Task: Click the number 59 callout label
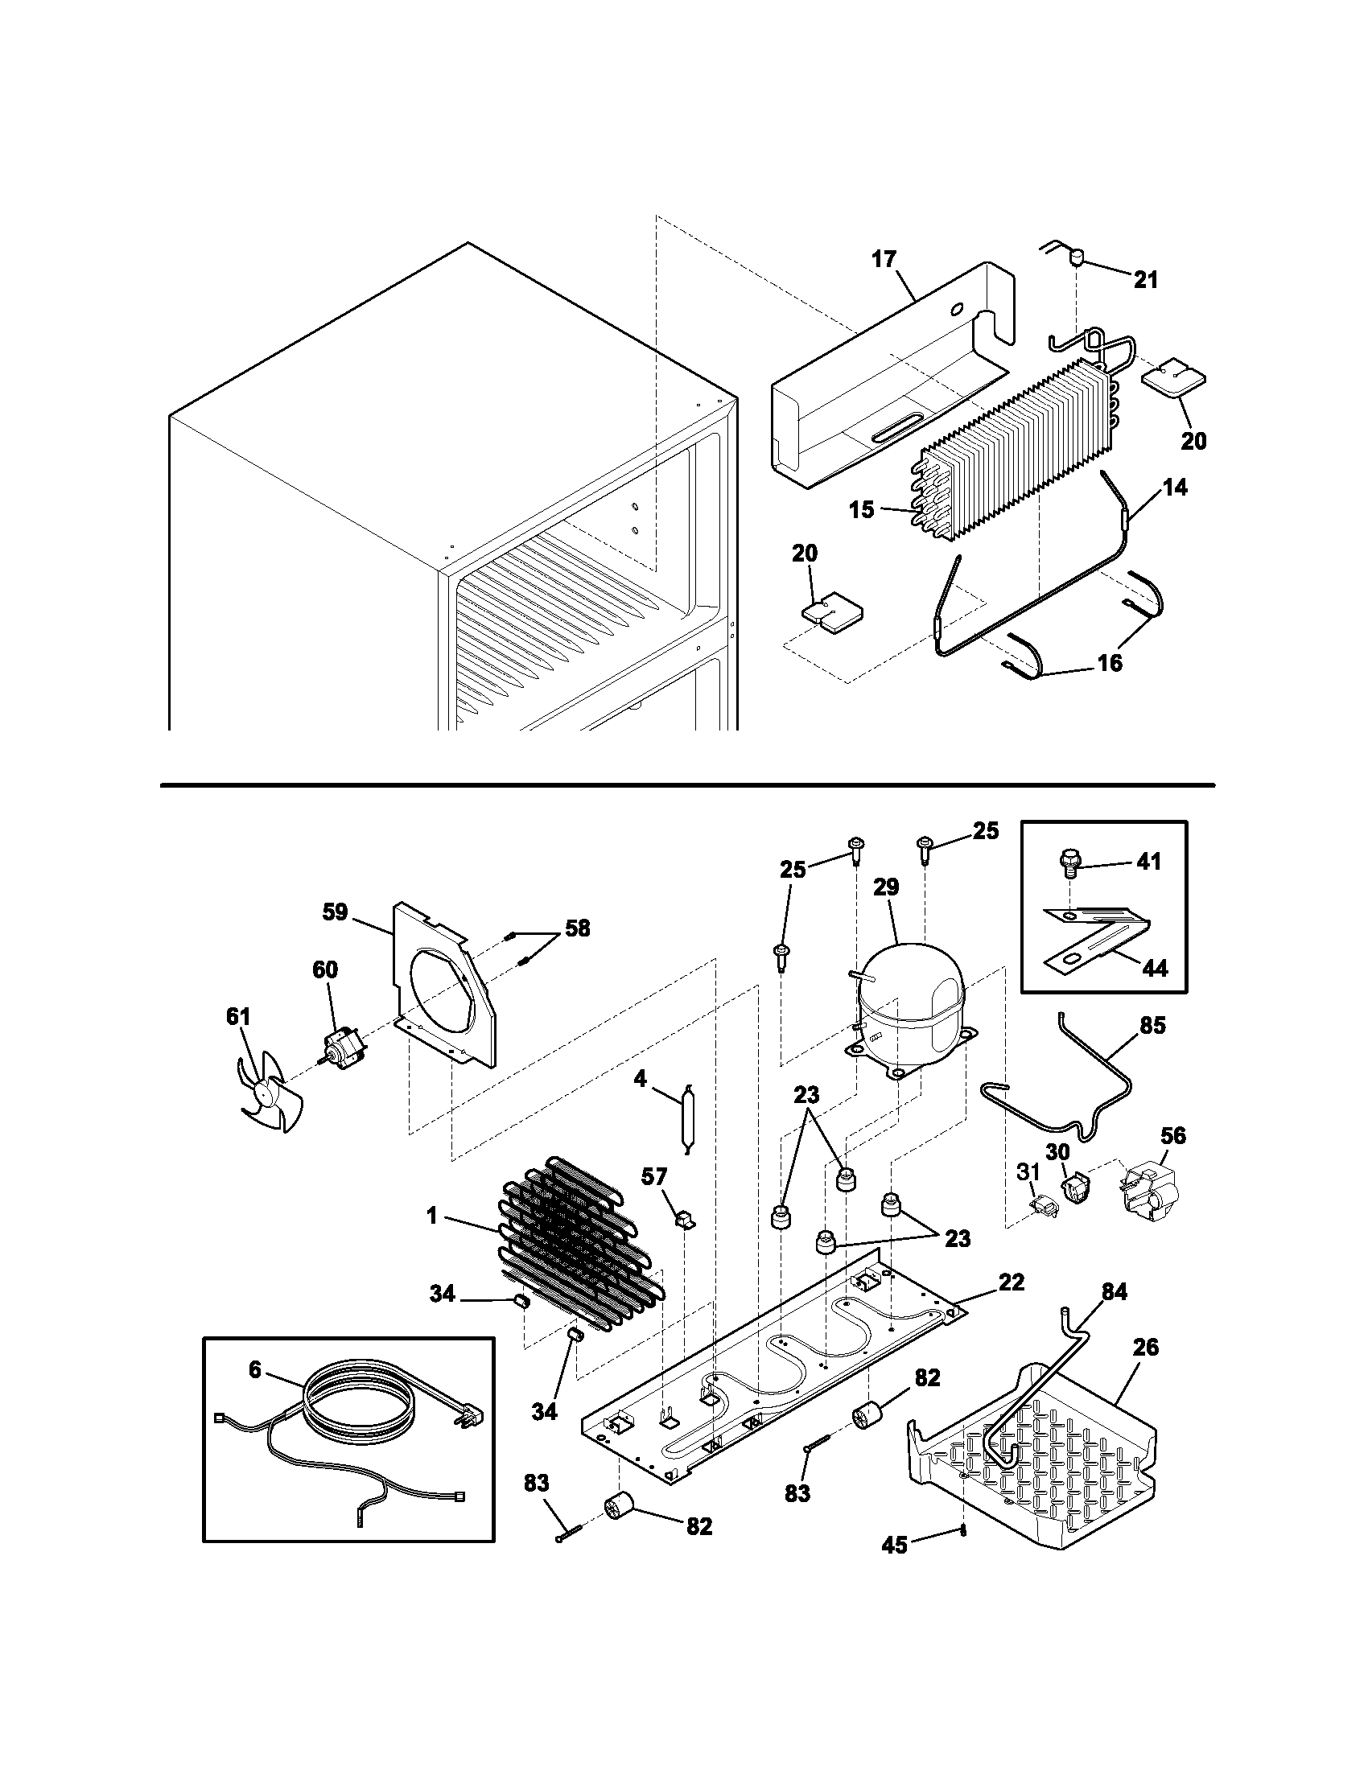point(335,912)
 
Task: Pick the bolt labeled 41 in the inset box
point(1069,864)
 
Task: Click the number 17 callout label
point(884,259)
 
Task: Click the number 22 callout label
point(1012,1282)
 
